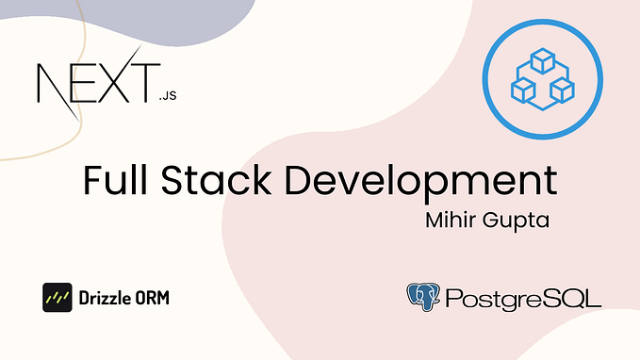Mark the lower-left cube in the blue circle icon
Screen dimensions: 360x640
click(524, 89)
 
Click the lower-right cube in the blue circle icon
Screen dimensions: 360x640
click(563, 90)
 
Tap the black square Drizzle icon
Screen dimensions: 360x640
click(57, 297)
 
